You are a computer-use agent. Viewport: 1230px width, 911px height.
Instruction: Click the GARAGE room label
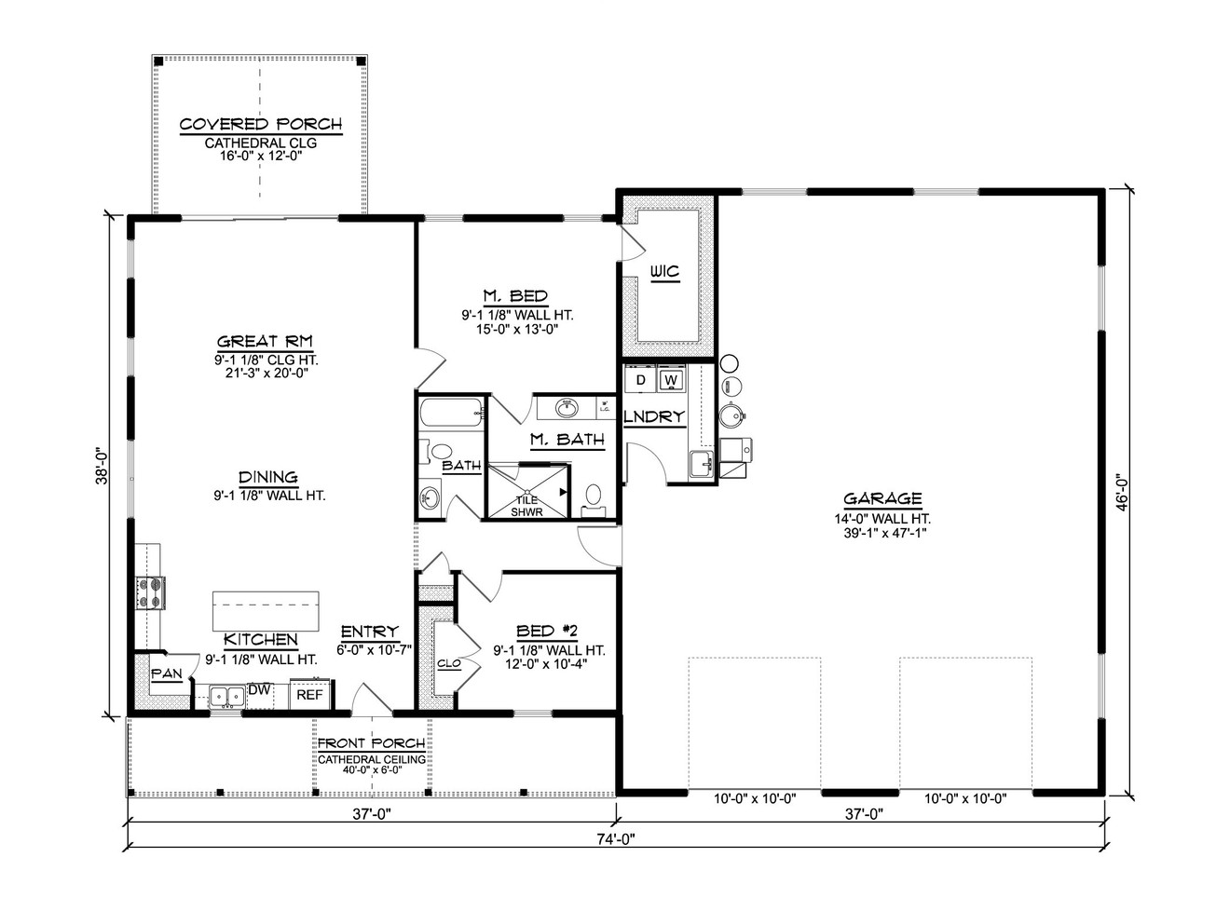(x=882, y=499)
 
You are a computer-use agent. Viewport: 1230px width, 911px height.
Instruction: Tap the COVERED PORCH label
(x=261, y=124)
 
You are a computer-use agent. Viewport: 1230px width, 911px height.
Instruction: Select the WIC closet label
(x=664, y=272)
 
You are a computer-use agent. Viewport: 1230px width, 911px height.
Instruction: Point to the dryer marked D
(x=641, y=381)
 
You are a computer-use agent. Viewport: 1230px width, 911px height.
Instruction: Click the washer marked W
(x=670, y=381)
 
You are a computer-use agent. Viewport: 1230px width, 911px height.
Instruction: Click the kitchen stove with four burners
(x=152, y=593)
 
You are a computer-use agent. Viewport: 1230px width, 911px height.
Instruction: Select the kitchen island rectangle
(x=266, y=611)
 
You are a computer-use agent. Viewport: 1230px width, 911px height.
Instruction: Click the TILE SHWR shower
(x=527, y=504)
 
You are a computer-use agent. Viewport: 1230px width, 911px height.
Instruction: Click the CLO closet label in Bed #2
(x=448, y=664)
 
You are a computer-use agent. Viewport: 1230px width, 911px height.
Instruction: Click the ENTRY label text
(x=369, y=632)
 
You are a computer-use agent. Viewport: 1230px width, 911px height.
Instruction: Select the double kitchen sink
(x=225, y=696)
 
